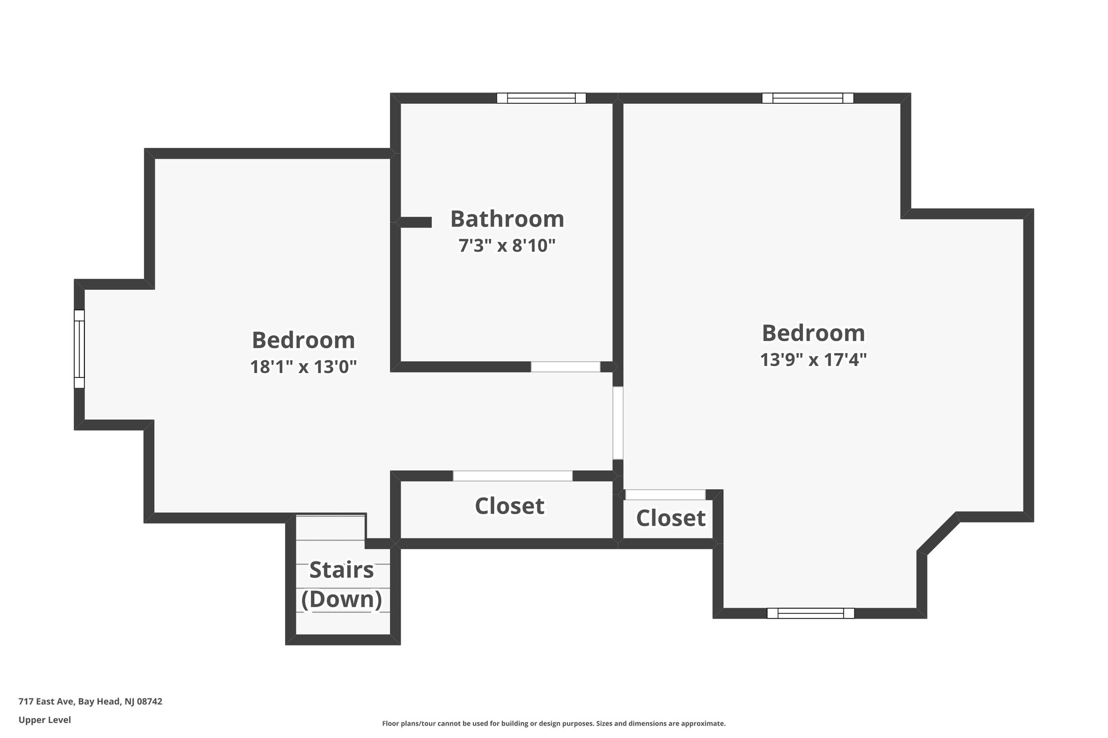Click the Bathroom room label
(x=507, y=219)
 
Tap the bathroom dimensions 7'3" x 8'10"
(x=507, y=246)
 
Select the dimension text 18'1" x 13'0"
(x=304, y=367)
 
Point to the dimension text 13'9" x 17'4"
(x=813, y=360)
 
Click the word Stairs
(x=341, y=570)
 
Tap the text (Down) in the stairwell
(x=341, y=599)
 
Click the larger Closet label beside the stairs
(x=509, y=506)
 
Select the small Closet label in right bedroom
(x=670, y=518)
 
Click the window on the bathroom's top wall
(x=541, y=98)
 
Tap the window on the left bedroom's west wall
(x=80, y=349)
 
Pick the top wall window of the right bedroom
(x=808, y=98)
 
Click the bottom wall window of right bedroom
(x=810, y=613)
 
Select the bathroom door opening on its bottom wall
(x=565, y=367)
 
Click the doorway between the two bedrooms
(x=618, y=423)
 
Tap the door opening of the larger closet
(x=512, y=476)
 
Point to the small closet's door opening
(x=665, y=495)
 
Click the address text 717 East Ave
(x=90, y=701)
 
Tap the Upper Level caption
(x=45, y=720)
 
